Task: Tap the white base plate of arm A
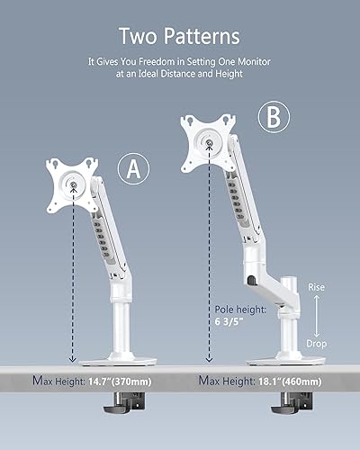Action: coord(117,361)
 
